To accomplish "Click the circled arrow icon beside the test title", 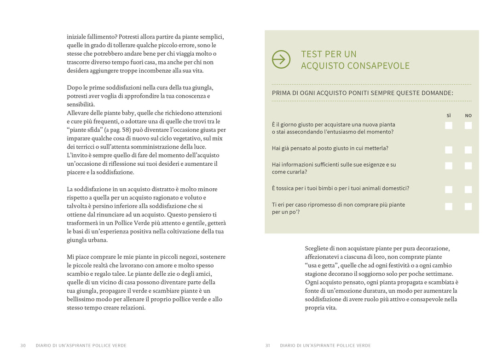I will pos(281,59).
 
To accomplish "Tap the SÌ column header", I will pos(449,116).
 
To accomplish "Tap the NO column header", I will pos(468,116).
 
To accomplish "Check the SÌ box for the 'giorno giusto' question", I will pos(449,126).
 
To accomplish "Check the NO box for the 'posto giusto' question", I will pos(468,150).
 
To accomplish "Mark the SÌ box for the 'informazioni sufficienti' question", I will pos(449,166).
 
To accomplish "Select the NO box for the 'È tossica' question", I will pos(468,189).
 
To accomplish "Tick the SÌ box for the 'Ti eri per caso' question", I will pos(449,206).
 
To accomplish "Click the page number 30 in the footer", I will pos(23,346).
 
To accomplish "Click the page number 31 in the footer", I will pos(267,346).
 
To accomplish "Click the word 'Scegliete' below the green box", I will pos(317,249).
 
